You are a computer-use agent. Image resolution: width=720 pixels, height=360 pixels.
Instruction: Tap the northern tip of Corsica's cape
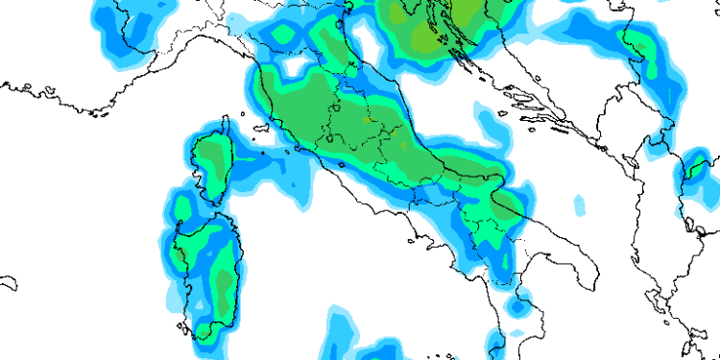[226, 119]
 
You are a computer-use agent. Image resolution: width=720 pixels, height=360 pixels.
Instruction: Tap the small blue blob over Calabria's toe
[518, 309]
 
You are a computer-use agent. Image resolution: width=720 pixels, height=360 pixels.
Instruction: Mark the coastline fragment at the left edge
[8, 284]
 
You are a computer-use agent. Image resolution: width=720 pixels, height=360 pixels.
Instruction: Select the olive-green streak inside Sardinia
[223, 288]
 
